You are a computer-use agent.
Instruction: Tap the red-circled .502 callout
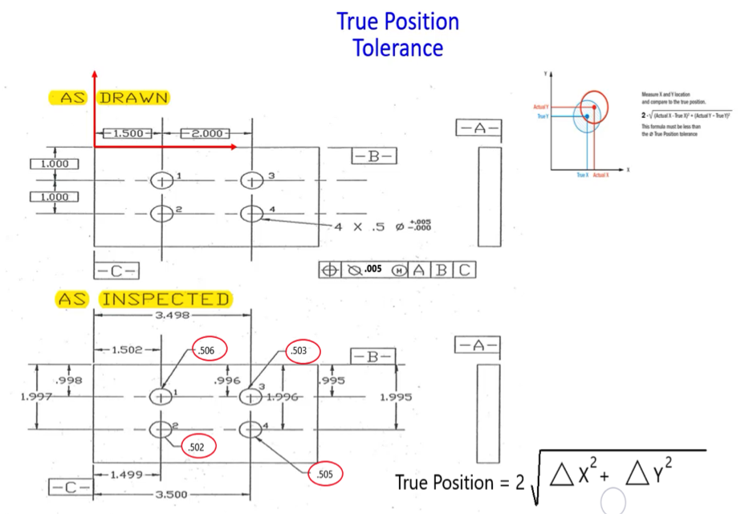click(197, 446)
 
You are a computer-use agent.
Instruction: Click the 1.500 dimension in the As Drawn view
click(127, 133)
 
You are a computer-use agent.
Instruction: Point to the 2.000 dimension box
click(206, 133)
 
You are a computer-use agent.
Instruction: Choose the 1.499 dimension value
click(124, 475)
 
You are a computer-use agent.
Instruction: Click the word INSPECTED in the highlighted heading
click(165, 300)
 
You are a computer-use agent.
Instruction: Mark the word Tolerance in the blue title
click(397, 47)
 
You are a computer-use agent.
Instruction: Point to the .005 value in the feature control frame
click(373, 270)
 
